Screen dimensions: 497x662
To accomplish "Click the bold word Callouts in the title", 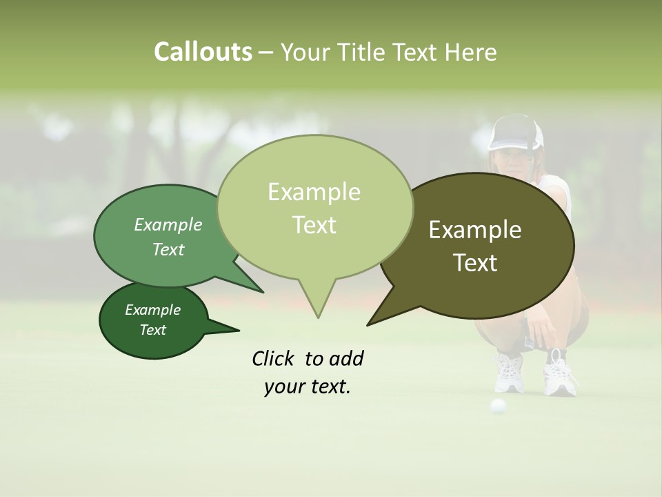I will pyautogui.click(x=203, y=52).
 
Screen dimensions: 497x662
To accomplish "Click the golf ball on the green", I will pyautogui.click(x=497, y=406).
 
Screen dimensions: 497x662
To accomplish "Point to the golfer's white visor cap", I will pyautogui.click(x=515, y=135).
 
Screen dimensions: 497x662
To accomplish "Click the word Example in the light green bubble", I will pyautogui.click(x=314, y=192).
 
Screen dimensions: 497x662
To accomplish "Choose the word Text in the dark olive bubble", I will pyautogui.click(x=475, y=263).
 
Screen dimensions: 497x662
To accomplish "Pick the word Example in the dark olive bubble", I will pyautogui.click(x=475, y=230).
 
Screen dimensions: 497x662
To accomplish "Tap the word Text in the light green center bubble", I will pyautogui.click(x=314, y=225).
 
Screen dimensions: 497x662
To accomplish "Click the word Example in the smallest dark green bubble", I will pyautogui.click(x=152, y=310).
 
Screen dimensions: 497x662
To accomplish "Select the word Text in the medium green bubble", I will pyautogui.click(x=168, y=250).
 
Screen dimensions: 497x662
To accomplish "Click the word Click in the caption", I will pyautogui.click(x=274, y=358).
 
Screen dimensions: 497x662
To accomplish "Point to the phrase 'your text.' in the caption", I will pyautogui.click(x=308, y=387).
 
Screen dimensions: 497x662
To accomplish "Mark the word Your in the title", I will pyautogui.click(x=303, y=52).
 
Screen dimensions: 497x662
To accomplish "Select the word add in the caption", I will pyautogui.click(x=345, y=358).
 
